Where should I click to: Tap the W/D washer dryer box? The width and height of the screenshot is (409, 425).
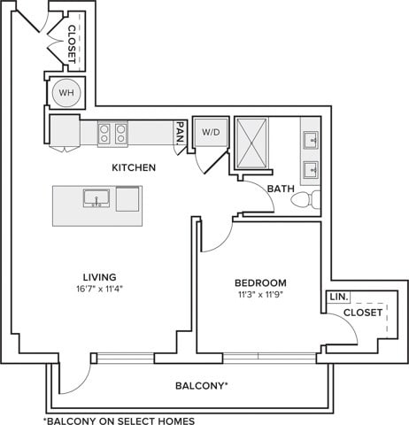[x=211, y=133]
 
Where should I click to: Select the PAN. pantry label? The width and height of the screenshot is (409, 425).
[x=180, y=134]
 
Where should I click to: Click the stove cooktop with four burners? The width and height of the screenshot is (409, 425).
[x=112, y=134]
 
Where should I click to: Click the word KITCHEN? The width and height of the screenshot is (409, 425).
[x=134, y=167]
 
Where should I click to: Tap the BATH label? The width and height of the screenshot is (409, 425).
[x=281, y=189]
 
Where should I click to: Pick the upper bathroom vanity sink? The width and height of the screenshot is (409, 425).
[x=311, y=139]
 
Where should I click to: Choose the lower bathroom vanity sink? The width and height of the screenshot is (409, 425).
[x=311, y=168]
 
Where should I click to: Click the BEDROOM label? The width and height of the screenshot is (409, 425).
[x=261, y=282]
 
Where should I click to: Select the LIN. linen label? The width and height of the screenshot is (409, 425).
[x=338, y=297]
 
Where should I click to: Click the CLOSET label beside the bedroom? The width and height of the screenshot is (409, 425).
[x=363, y=313]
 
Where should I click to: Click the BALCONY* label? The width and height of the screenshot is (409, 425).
[x=202, y=386]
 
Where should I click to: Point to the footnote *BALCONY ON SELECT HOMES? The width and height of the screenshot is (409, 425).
[x=118, y=420]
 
